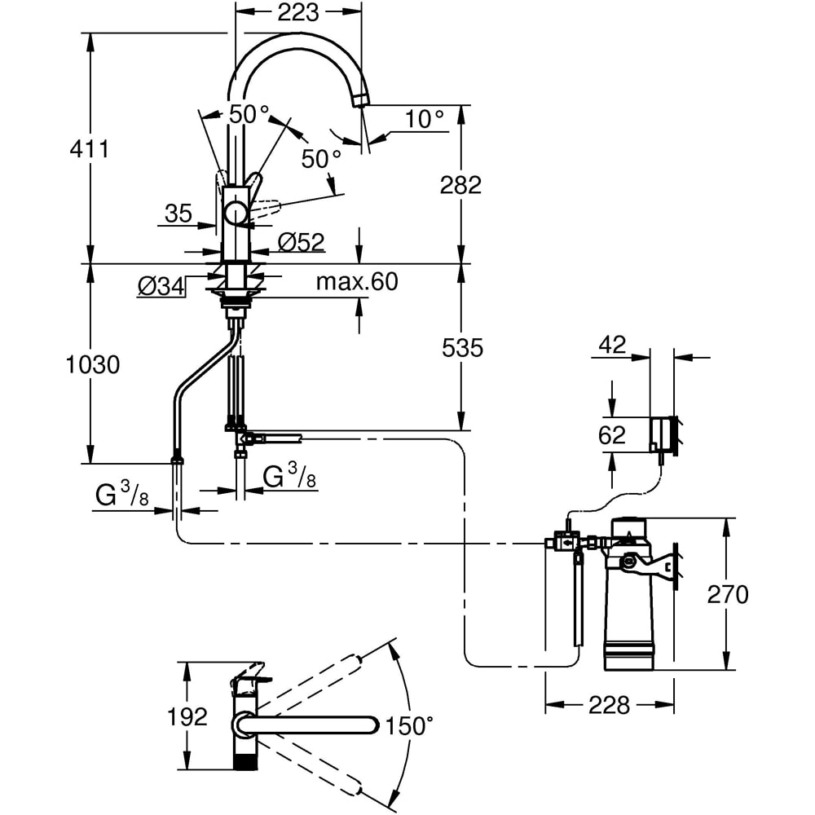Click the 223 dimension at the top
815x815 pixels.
coord(297,12)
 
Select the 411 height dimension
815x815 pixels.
coord(90,149)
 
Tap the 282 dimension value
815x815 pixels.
coord(460,184)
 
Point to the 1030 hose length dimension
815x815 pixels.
coord(93,365)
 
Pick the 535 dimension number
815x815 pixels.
coord(462,348)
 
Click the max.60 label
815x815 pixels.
coord(357,282)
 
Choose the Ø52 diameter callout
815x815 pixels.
coord(302,242)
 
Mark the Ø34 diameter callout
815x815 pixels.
coord(161,286)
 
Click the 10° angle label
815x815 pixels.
coord(424,119)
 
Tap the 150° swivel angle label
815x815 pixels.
coord(408,725)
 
